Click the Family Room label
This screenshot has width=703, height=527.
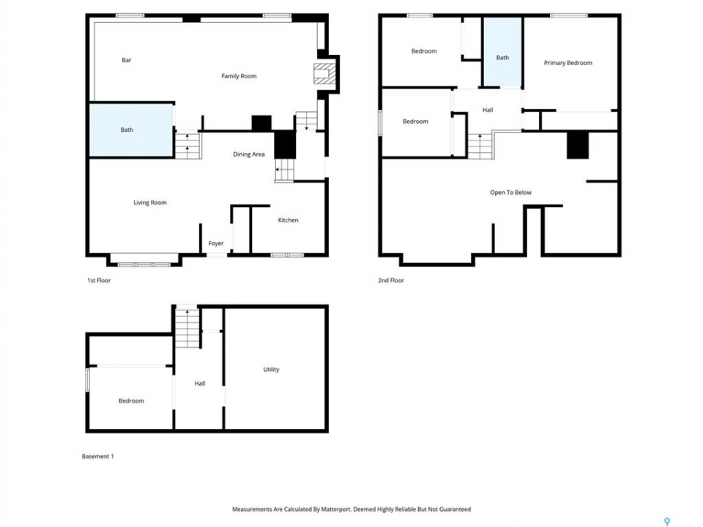pyautogui.click(x=239, y=76)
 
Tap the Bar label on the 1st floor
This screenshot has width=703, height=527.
pyautogui.click(x=127, y=60)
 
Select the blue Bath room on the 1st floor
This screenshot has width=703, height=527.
pyautogui.click(x=131, y=130)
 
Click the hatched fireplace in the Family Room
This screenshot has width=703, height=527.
pyautogui.click(x=324, y=74)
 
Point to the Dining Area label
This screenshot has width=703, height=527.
pyautogui.click(x=249, y=154)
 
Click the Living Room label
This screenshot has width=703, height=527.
pyautogui.click(x=149, y=203)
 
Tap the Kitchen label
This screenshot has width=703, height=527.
pyautogui.click(x=288, y=220)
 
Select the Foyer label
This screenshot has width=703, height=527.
pyautogui.click(x=215, y=243)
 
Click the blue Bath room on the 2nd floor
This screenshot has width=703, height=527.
pyautogui.click(x=502, y=51)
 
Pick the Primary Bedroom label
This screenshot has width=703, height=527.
pyautogui.click(x=568, y=63)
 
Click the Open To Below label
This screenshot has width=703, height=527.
pyautogui.click(x=510, y=193)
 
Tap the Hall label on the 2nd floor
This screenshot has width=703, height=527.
pyautogui.click(x=488, y=110)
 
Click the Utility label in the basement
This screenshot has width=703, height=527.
pyautogui.click(x=271, y=369)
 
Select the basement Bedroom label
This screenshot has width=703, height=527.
pyautogui.click(x=131, y=400)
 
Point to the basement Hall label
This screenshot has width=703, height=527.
pyautogui.click(x=200, y=383)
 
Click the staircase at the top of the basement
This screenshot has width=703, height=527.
pyautogui.click(x=187, y=328)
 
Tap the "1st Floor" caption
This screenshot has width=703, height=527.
pyautogui.click(x=99, y=280)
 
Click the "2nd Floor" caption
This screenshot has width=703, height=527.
pyautogui.click(x=391, y=280)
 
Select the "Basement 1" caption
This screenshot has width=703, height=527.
pyautogui.click(x=97, y=456)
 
